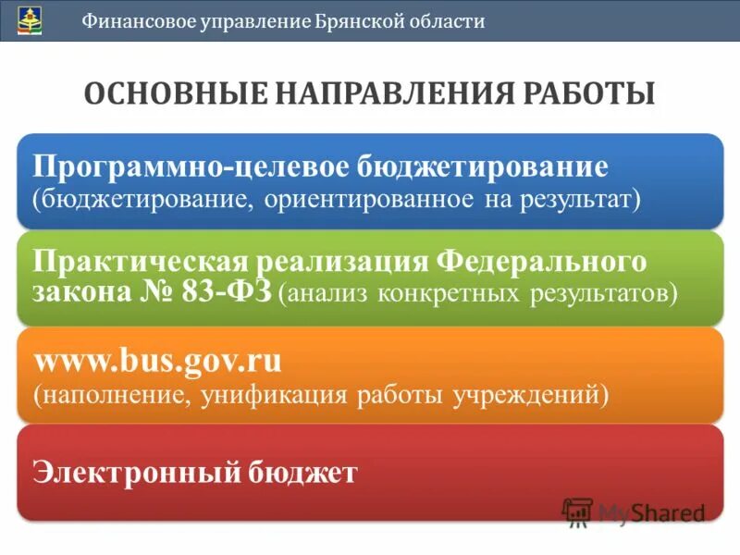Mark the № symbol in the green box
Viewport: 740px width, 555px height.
pyautogui.click(x=154, y=293)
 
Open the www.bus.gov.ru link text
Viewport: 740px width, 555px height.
pyautogui.click(x=157, y=359)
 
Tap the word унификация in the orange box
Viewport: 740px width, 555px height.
pyautogui.click(x=256, y=395)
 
